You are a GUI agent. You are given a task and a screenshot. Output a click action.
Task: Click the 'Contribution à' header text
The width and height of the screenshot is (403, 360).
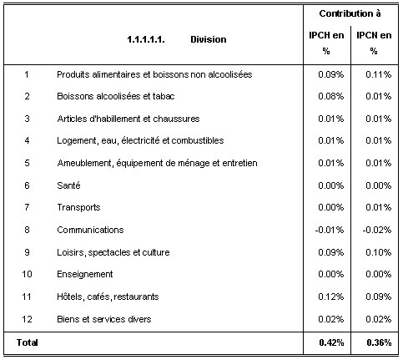350,13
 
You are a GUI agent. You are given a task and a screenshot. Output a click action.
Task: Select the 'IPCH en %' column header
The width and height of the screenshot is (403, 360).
326,43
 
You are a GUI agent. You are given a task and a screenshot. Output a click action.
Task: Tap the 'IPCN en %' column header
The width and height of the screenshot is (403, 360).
374,43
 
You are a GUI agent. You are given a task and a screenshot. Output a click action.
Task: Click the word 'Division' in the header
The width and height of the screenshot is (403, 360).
209,39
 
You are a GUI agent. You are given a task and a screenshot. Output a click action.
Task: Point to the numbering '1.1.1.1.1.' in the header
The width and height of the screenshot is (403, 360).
146,39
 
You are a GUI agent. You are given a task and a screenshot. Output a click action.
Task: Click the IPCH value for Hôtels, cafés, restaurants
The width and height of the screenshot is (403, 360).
331,297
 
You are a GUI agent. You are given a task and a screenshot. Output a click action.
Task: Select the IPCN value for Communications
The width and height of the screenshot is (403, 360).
377,230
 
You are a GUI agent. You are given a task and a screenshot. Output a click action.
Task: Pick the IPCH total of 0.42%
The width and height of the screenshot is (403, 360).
331,342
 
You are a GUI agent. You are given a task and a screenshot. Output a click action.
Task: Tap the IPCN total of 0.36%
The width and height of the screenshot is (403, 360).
379,342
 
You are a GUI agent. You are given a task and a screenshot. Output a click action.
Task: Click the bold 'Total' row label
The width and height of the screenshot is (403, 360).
28,342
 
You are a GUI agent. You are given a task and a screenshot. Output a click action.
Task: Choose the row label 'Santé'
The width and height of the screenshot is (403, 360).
68,185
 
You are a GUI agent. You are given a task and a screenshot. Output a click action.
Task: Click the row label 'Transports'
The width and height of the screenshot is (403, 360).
78,207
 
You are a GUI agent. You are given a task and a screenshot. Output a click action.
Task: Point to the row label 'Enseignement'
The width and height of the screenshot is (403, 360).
85,274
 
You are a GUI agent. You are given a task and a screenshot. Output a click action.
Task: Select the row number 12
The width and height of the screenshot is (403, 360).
27,319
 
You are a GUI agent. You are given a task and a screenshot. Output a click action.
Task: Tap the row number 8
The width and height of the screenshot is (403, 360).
27,230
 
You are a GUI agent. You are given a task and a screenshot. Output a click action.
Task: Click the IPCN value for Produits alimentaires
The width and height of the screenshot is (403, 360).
379,74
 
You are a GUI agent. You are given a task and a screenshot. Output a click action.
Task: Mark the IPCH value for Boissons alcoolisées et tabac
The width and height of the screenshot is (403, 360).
331,96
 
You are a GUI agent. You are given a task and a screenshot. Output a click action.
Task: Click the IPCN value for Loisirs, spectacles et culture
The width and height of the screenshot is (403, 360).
379,252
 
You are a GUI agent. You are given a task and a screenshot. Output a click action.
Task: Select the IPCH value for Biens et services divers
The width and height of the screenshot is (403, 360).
331,319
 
